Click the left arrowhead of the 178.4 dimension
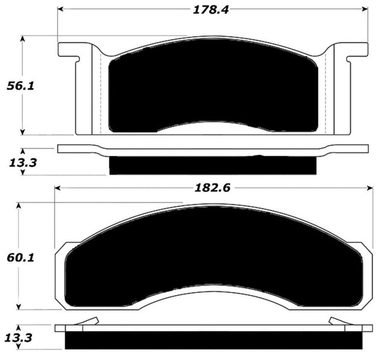tap(61, 10)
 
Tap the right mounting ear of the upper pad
tap(355, 51)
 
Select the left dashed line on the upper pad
tap(99, 90)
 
